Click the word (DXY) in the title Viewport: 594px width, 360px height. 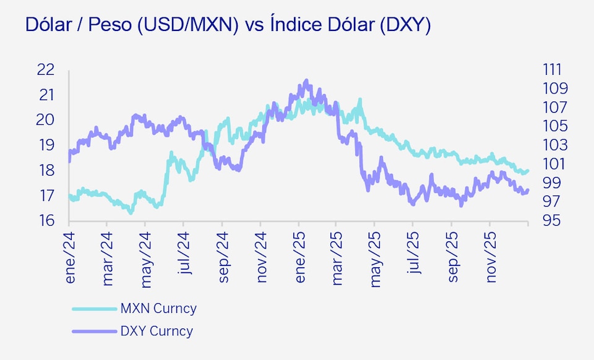tap(405, 26)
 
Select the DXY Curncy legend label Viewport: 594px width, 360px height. tap(157, 331)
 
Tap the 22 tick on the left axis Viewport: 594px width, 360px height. tap(46, 69)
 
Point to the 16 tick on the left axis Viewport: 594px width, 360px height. tap(46, 221)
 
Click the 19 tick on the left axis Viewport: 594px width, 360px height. tap(46, 145)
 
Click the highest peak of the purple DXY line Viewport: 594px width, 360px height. tap(306, 81)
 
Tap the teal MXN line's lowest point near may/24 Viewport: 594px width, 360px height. tap(131, 212)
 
